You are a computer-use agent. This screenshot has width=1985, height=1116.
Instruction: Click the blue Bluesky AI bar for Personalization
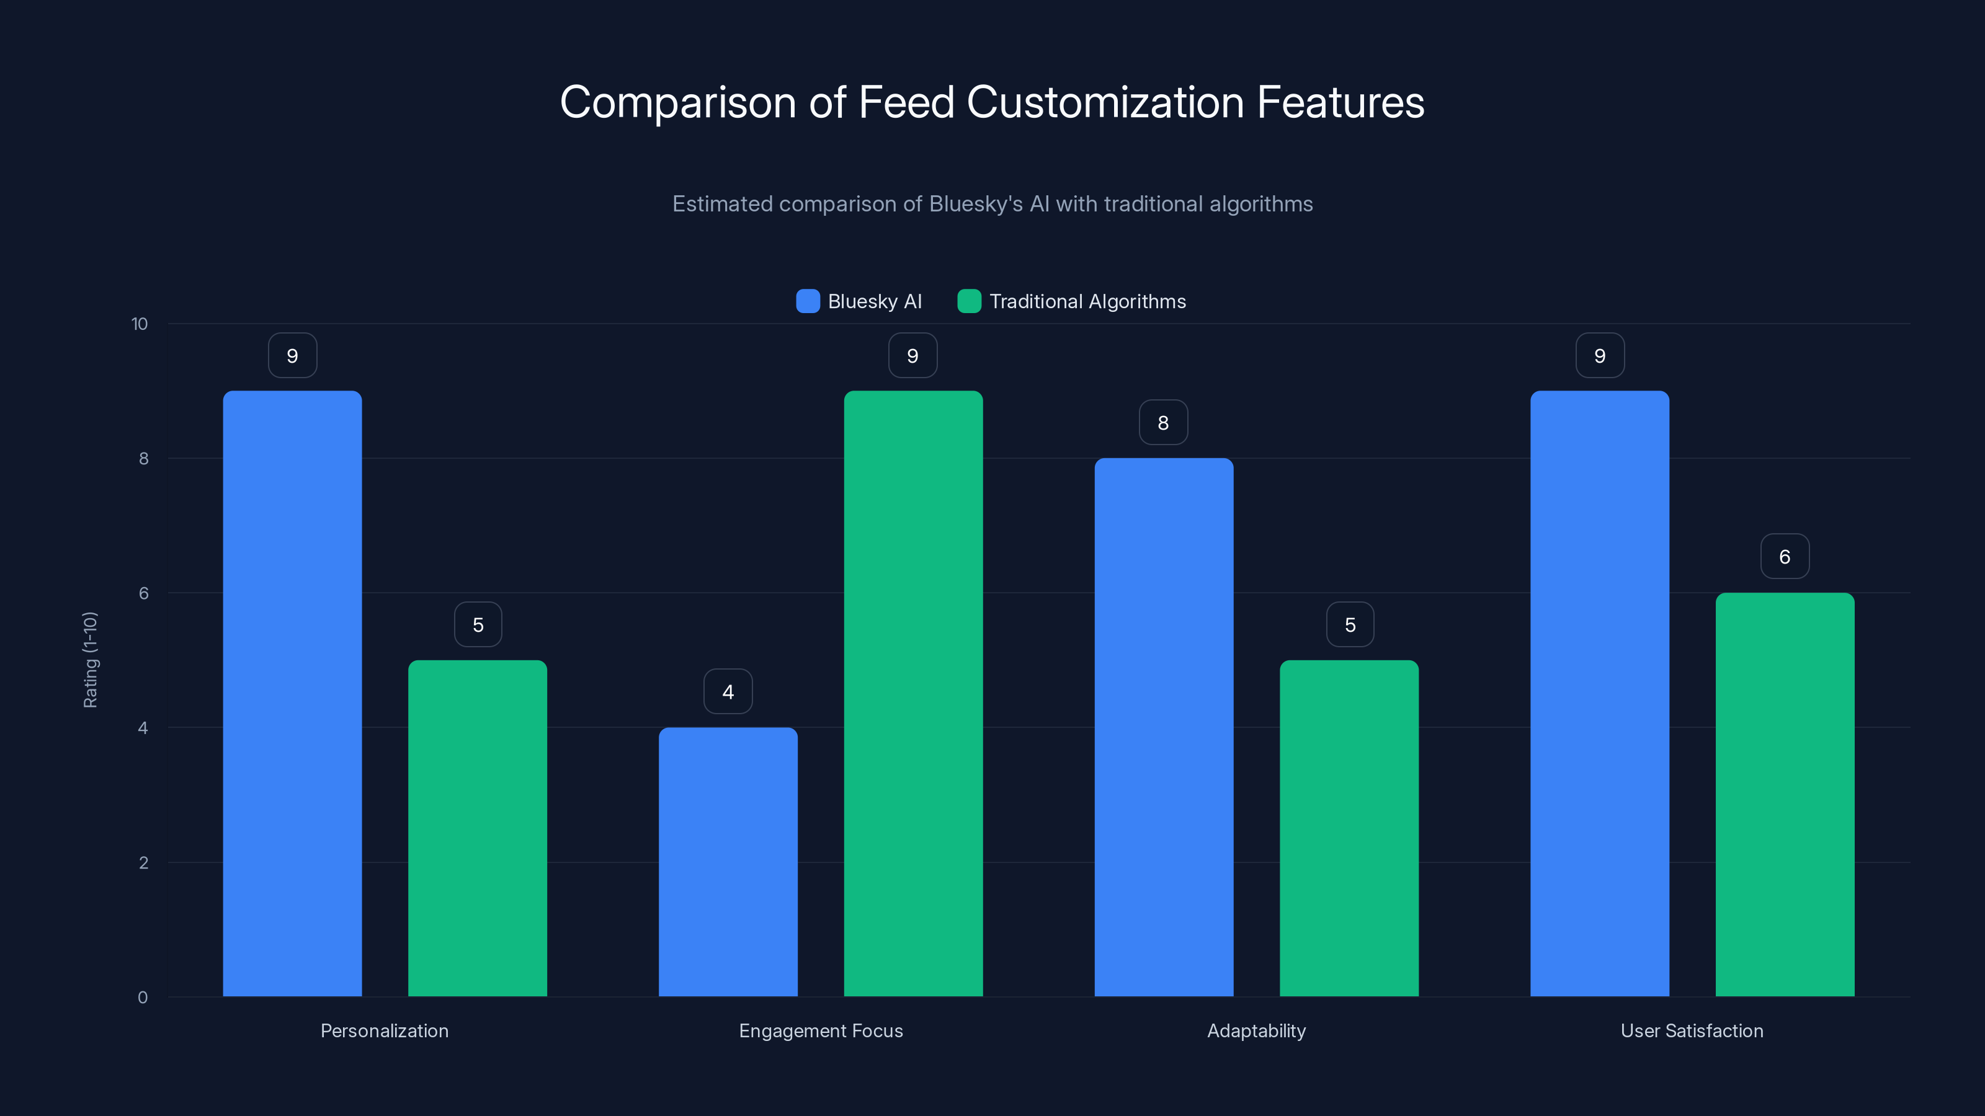[292, 693]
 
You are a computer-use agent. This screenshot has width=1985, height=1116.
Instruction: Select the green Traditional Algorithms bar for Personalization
[477, 828]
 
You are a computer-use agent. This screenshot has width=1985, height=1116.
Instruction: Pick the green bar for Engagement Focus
[913, 693]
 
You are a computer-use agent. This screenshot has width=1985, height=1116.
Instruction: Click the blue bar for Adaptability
[1164, 727]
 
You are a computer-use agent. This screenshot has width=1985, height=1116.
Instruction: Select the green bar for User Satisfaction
[1785, 794]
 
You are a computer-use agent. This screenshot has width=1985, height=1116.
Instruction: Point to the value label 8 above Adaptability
[1164, 422]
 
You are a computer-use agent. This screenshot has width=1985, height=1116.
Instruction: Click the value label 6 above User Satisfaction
[1785, 556]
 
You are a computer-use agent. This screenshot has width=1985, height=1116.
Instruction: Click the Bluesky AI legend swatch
[808, 301]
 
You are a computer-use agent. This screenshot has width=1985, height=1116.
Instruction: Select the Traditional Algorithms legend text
[1087, 301]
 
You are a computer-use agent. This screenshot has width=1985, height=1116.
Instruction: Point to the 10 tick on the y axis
[140, 324]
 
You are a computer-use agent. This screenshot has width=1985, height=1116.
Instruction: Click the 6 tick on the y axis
[143, 593]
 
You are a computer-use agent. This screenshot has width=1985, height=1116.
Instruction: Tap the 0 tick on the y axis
[143, 998]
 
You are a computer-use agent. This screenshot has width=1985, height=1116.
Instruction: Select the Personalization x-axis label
[384, 1030]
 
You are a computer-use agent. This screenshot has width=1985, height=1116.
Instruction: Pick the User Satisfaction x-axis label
[1692, 1030]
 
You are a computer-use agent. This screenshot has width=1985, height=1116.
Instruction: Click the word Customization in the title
[1105, 102]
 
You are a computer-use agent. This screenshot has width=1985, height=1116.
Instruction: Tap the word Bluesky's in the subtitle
[976, 203]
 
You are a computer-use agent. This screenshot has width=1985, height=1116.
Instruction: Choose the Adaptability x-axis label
[1256, 1030]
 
